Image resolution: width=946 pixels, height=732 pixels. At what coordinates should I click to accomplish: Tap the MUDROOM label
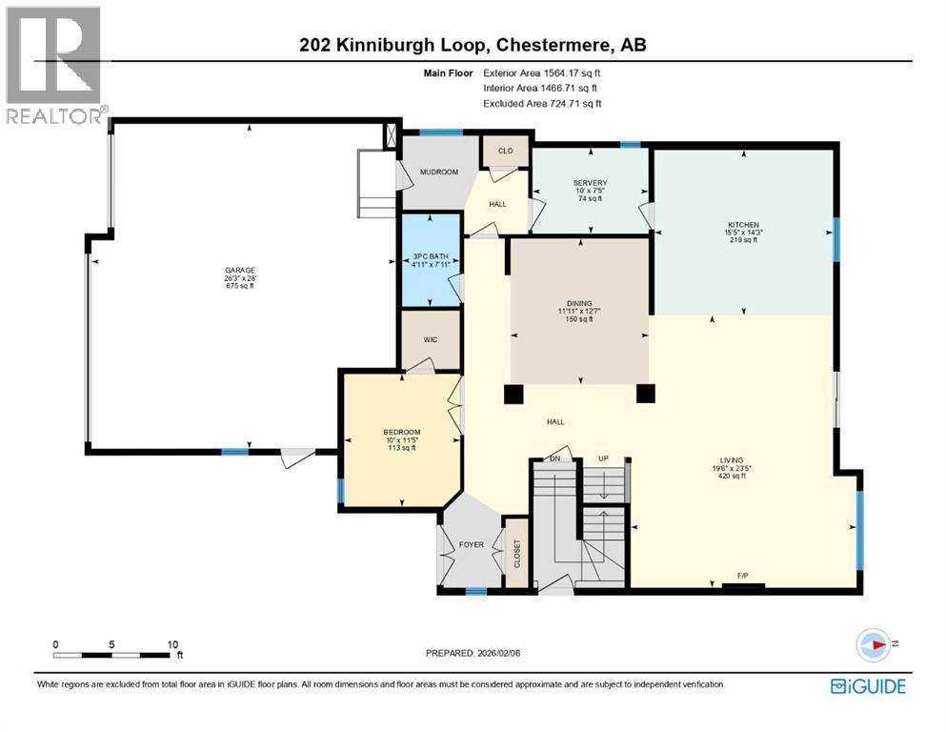tap(440, 172)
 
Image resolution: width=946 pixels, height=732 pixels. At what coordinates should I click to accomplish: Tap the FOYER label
tap(471, 545)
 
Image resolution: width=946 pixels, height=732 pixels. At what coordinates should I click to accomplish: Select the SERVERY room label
tap(590, 183)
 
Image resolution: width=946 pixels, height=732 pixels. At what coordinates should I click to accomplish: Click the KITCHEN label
tap(741, 225)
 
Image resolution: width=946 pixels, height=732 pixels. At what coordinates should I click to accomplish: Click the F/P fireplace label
tap(742, 576)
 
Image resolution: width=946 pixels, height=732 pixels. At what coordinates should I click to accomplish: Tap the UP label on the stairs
tap(602, 458)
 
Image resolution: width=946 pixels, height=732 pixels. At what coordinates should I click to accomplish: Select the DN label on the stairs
tap(554, 458)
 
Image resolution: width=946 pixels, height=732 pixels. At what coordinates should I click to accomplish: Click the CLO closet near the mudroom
tap(505, 151)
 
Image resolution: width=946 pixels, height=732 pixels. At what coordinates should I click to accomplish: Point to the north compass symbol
tap(875, 644)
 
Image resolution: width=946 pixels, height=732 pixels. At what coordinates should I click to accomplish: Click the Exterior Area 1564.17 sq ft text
tap(542, 71)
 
